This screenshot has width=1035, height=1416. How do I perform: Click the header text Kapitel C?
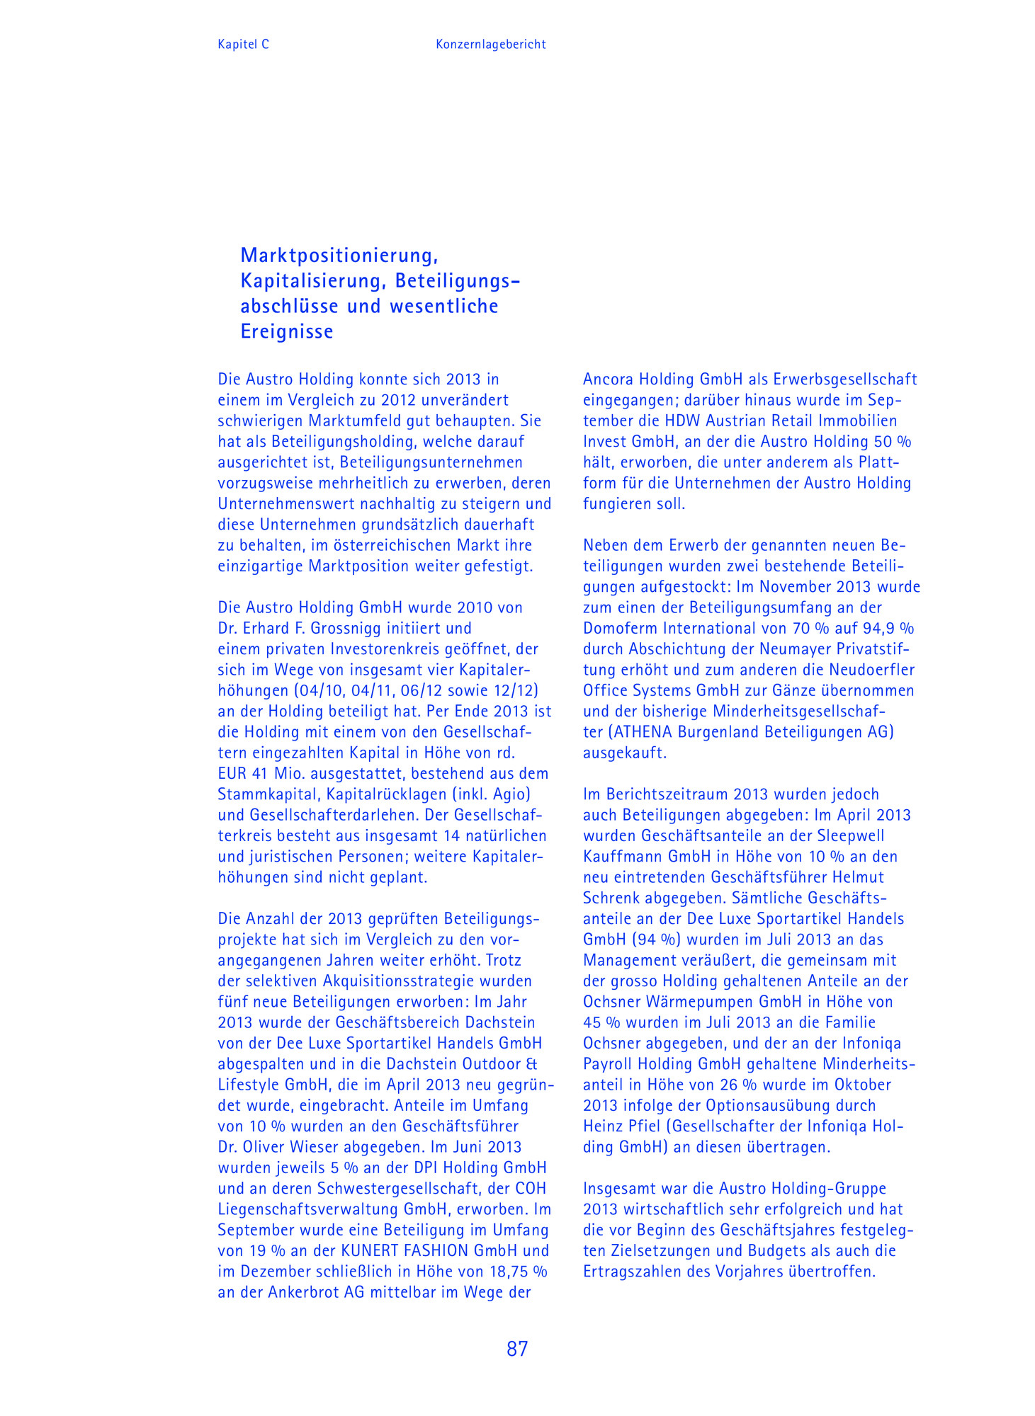point(243,44)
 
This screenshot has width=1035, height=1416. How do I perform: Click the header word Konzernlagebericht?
point(490,44)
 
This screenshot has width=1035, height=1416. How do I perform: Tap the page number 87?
point(517,1349)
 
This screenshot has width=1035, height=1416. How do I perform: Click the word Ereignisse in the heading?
point(287,331)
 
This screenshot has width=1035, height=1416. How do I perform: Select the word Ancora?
point(608,379)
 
